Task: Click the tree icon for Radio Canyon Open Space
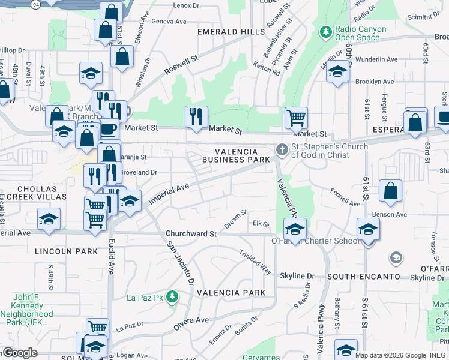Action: tap(326, 31)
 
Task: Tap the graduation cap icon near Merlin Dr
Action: tap(338, 72)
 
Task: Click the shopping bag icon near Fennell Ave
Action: tap(390, 191)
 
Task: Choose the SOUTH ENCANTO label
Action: tap(364, 276)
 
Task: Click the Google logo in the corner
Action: tap(19, 353)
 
